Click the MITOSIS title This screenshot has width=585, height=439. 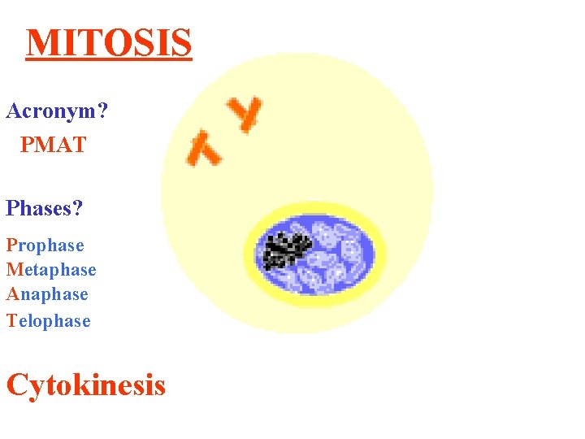(x=109, y=43)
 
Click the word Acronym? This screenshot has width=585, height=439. (x=57, y=111)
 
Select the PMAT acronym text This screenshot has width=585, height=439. (x=53, y=146)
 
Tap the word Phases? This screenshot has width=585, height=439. (x=45, y=208)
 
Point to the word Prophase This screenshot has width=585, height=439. (x=45, y=246)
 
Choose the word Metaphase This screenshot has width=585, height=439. (x=51, y=270)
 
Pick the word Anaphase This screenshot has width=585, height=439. (x=47, y=294)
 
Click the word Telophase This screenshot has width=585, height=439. (x=49, y=321)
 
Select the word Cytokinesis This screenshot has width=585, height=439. (x=85, y=384)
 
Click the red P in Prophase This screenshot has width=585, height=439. (x=11, y=246)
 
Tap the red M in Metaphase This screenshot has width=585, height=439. (x=14, y=270)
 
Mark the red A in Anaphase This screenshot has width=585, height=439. (x=12, y=294)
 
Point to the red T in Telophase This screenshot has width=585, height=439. (x=11, y=321)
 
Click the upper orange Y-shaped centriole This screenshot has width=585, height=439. (x=245, y=113)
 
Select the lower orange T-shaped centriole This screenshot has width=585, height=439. (x=204, y=149)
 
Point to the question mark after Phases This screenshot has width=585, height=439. (x=77, y=208)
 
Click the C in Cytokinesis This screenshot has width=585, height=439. (x=17, y=384)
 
